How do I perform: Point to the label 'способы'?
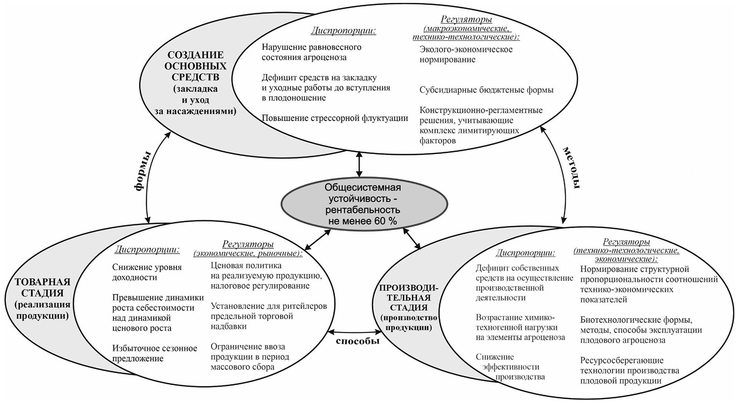point(358,341)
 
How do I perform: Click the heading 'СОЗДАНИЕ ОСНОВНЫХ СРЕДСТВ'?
point(195,66)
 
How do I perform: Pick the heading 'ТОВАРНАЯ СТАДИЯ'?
point(42,287)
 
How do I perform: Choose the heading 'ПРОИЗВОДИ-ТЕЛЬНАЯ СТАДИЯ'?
point(408,298)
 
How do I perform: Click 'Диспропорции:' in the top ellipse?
point(343,30)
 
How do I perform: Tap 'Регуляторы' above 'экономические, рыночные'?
point(248,244)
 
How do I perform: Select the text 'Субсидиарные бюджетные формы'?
point(486,90)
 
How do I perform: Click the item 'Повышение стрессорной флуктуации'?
point(335,118)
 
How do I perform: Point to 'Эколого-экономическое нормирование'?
point(466,54)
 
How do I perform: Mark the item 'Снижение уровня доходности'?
point(147,272)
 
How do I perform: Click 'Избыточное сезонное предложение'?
point(155,353)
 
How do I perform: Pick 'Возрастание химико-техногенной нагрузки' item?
point(520,327)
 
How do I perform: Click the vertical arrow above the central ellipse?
point(358,165)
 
